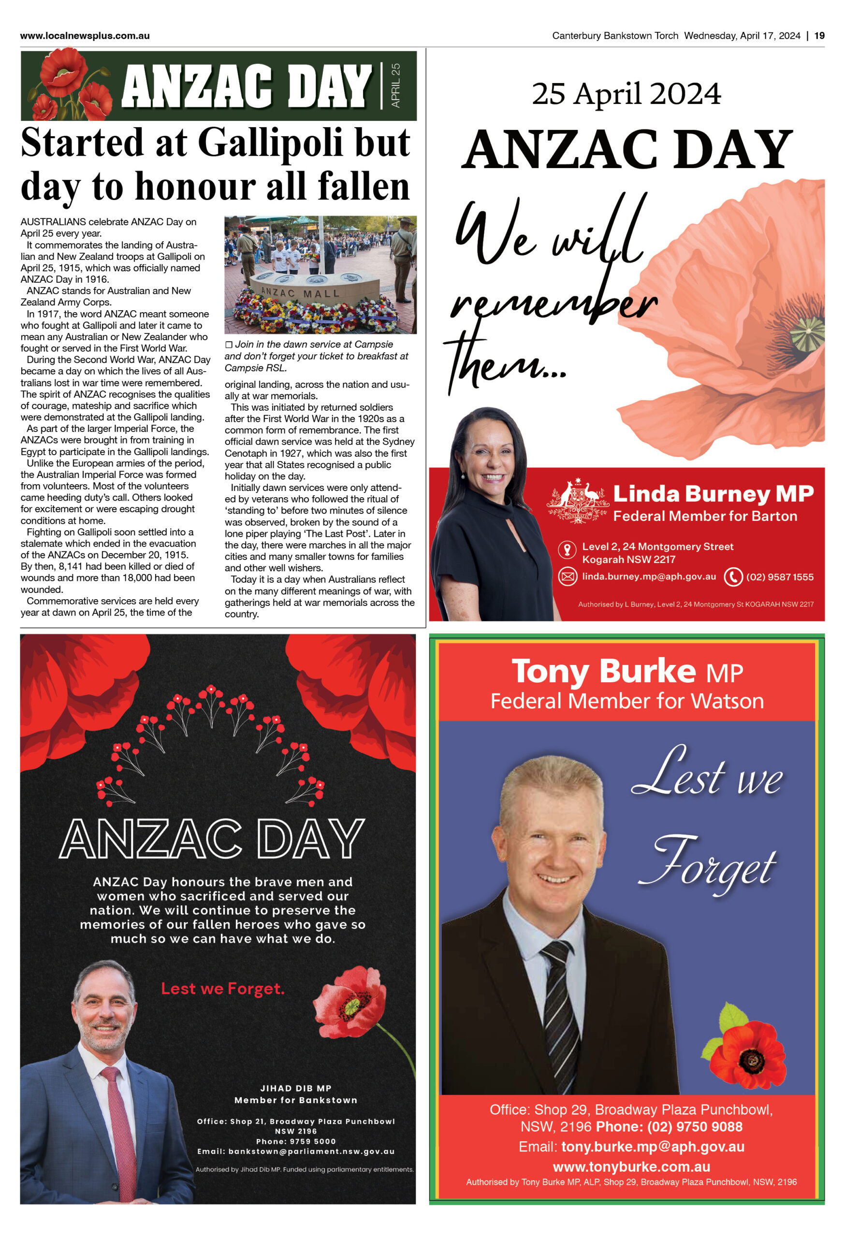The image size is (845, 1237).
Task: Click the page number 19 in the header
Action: click(819, 36)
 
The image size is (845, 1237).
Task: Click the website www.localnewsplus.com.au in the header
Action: click(85, 36)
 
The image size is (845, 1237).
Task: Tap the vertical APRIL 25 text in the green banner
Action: click(395, 85)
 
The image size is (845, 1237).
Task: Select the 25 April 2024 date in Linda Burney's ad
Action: click(626, 94)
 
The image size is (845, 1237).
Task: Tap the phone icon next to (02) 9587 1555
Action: click(733, 576)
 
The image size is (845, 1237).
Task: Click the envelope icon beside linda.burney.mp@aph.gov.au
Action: click(568, 576)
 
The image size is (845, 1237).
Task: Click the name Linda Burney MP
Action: click(713, 493)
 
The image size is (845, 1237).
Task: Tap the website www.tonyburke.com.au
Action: click(631, 1167)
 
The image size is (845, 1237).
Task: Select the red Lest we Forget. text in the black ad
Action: click(222, 989)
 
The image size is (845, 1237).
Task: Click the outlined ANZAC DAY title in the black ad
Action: click(212, 839)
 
